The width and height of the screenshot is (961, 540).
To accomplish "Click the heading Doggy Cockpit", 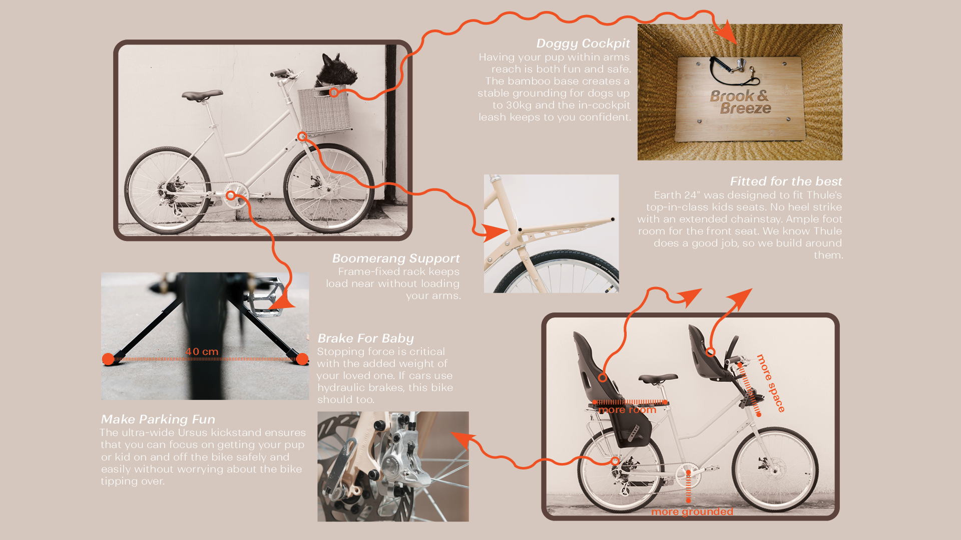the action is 583,44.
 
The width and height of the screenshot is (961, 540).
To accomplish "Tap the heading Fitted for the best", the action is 786,181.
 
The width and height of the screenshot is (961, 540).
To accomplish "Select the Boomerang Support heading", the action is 396,258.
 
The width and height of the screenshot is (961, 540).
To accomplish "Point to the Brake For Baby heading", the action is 366,338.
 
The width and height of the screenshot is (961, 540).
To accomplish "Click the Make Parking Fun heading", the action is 158,419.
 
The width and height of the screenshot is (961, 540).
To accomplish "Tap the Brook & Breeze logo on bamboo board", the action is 740,102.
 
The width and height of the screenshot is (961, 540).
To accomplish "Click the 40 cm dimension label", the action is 202,351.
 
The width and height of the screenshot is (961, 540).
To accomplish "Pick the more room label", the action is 627,410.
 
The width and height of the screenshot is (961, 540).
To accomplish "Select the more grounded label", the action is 692,511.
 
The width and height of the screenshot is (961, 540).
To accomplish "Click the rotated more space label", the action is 771,383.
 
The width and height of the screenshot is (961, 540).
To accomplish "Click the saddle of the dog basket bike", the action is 202,94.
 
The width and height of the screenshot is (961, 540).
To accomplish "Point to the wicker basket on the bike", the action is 324,110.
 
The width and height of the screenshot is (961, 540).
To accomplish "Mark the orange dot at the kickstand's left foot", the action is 108,359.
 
